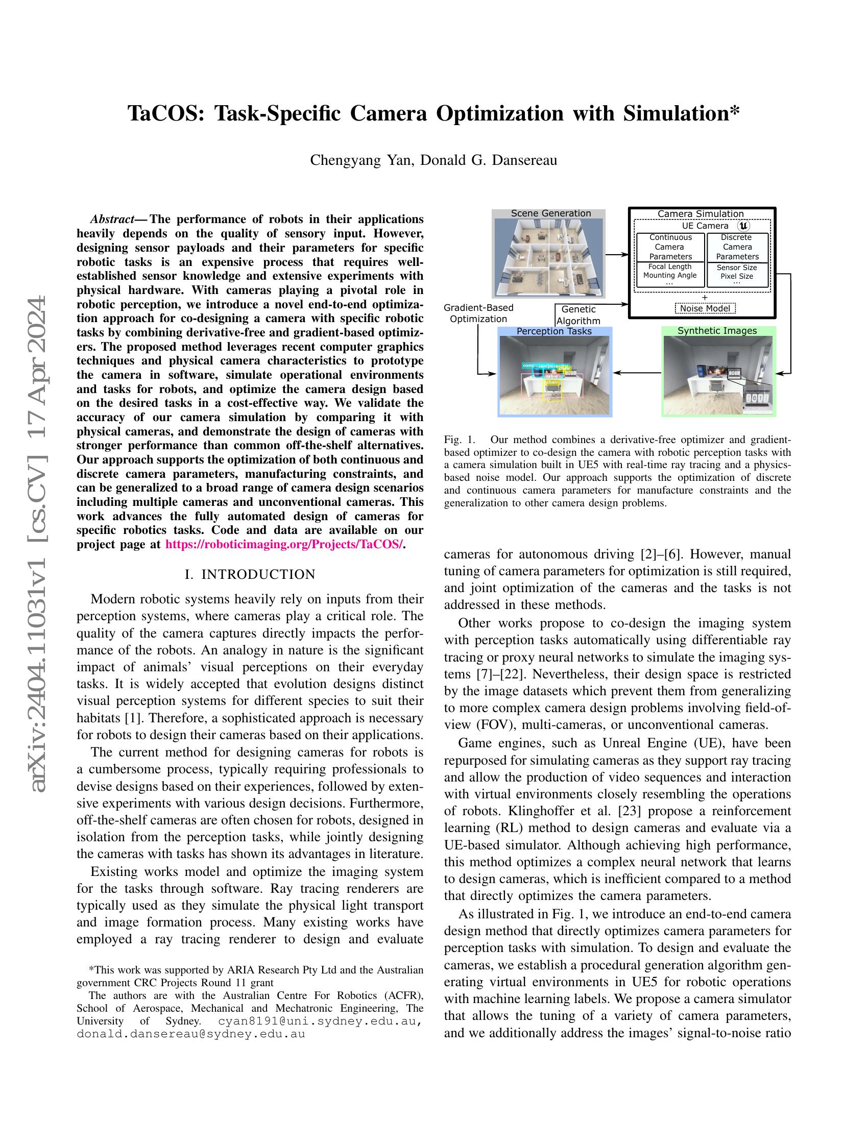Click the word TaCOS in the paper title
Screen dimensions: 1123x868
tap(165, 114)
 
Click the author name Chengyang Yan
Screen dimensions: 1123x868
tap(360, 160)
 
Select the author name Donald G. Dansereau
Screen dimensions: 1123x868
tap(489, 160)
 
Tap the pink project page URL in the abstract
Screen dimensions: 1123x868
tap(284, 544)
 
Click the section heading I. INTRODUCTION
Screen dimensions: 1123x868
tap(250, 574)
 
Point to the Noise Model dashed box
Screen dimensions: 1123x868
tap(705, 308)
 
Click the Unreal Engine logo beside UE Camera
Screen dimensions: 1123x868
tap(743, 226)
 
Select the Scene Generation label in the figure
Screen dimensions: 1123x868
tap(550, 213)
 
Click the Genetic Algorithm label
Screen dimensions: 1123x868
tap(578, 314)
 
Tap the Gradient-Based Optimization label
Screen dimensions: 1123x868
tap(478, 313)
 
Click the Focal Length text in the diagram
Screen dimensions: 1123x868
tap(669, 266)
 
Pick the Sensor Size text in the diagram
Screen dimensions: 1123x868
tap(736, 267)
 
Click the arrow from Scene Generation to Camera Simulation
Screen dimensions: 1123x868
tap(617, 254)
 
